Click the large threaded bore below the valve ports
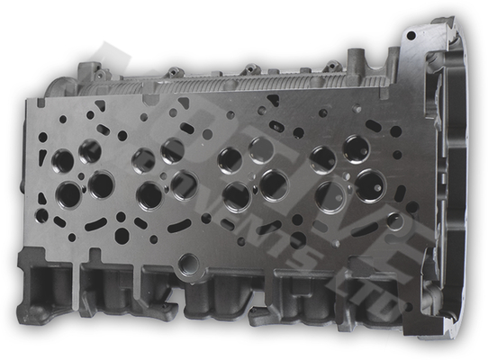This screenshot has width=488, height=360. coord(188,263)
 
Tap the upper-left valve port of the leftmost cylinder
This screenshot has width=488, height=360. coord(63,161)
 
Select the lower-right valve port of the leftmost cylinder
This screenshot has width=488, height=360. coord(101,185)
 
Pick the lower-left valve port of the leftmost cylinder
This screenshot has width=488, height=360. coord(68,193)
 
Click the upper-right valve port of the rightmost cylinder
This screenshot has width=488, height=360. coord(357,148)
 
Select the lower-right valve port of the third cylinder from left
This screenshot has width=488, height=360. coord(274,185)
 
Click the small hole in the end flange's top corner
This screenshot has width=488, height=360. coord(411,36)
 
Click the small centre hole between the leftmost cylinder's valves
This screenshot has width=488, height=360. coord(82,176)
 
